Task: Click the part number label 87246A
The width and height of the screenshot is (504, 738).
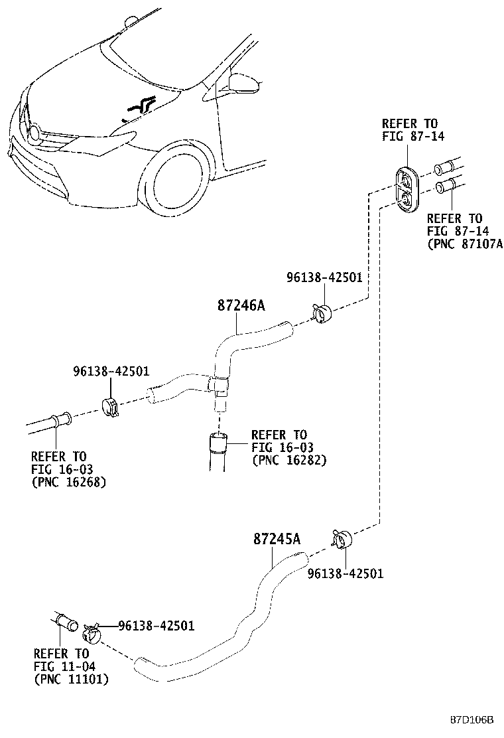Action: (x=241, y=306)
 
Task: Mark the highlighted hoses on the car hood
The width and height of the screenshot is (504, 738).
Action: (x=139, y=106)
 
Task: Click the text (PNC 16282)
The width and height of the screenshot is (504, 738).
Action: (x=288, y=459)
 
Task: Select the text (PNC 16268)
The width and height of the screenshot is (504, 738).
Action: (x=69, y=481)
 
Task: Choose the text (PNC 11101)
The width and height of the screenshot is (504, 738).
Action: (x=71, y=680)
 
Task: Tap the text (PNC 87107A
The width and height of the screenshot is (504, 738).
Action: (x=465, y=243)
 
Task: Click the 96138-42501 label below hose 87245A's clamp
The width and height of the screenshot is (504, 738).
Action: (x=345, y=573)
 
